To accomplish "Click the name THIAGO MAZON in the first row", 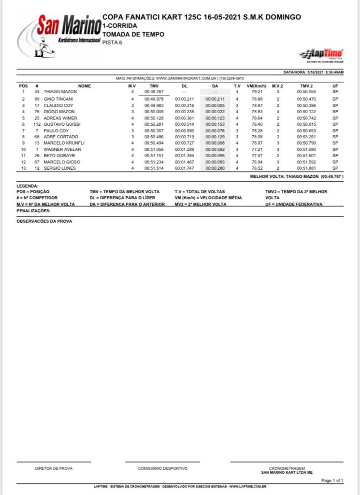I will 60,91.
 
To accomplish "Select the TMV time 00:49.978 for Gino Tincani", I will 154,99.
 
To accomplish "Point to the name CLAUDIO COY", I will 58,105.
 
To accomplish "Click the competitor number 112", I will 36,124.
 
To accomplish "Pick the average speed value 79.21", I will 257,91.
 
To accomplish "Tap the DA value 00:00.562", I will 215,149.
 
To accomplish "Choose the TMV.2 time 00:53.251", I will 306,137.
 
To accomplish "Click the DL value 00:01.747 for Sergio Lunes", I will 184,168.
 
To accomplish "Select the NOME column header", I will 85,86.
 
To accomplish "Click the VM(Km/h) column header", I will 257,86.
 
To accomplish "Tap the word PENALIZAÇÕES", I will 33,211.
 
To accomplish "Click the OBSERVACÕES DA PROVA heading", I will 44,221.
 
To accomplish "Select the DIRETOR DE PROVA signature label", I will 54,468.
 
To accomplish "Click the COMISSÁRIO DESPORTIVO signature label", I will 163,468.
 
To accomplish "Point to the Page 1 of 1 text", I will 332,480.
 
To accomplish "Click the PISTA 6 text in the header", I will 112,43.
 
